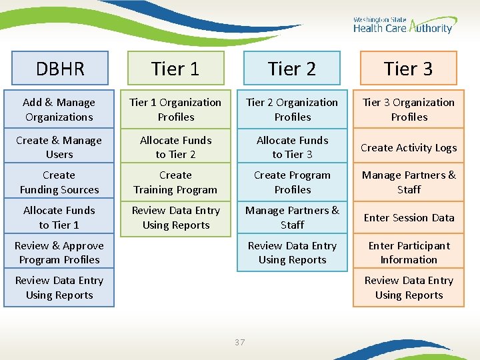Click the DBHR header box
(59, 69)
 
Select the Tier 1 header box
(175, 69)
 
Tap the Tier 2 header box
(292, 69)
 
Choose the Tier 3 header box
(408, 69)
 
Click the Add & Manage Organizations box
(59, 109)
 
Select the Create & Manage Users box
(59, 147)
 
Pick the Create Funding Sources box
(59, 183)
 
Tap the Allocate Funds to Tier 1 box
(59, 217)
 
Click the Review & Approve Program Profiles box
(59, 253)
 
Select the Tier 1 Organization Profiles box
(175, 109)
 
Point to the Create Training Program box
(175, 183)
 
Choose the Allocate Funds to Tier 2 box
(175, 147)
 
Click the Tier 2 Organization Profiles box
(292, 109)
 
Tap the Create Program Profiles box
(292, 183)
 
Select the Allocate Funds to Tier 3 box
(292, 147)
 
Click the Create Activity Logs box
(408, 147)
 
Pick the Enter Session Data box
(408, 217)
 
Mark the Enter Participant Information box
(408, 253)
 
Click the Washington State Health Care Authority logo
(403, 25)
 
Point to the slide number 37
(240, 343)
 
